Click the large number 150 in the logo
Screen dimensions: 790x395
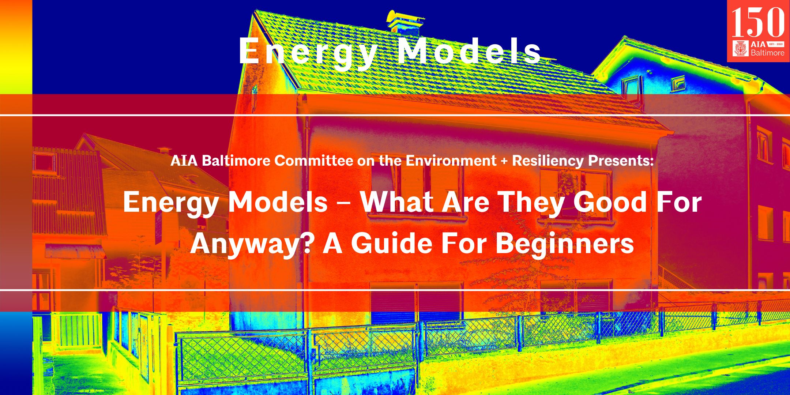pos(758,22)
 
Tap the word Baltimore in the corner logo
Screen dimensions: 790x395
pos(767,53)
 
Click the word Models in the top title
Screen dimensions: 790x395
pos(469,51)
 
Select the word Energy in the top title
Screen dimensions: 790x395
pos(308,53)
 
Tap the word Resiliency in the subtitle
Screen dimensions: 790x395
pos(548,161)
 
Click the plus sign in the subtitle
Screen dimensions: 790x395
pos(504,161)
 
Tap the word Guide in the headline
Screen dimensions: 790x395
pos(392,243)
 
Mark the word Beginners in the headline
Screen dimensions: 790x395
pos(565,244)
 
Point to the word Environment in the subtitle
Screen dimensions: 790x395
pos(451,161)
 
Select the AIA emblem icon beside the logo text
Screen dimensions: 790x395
pos(741,48)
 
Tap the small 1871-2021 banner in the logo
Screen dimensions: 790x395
pos(775,44)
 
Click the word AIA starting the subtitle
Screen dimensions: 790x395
pos(184,161)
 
